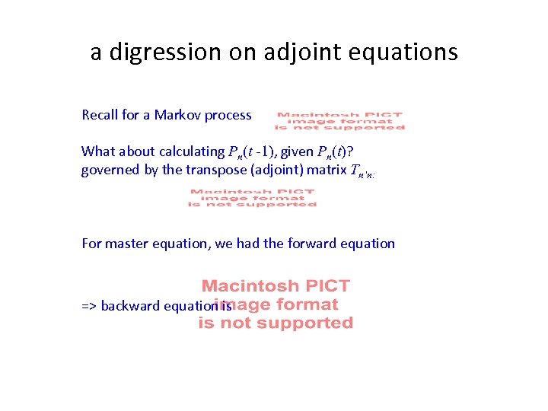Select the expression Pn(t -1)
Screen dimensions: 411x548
pos(256,151)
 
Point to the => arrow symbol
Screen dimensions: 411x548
pos(89,306)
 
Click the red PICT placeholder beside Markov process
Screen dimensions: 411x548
pos(339,122)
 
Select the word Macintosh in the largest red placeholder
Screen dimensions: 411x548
pos(244,286)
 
